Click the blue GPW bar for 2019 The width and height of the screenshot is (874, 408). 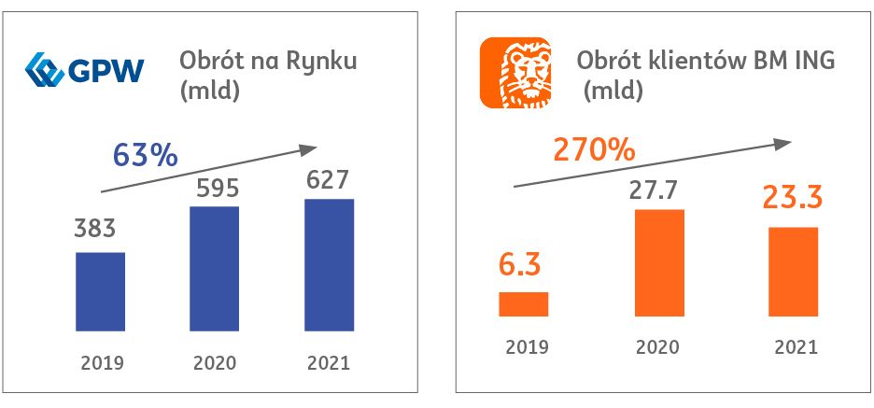coord(100,290)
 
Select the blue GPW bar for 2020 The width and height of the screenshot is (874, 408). coord(214,267)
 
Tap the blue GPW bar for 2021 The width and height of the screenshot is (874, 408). coord(329,263)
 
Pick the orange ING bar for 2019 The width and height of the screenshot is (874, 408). coord(523,304)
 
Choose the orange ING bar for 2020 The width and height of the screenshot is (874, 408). coord(658,262)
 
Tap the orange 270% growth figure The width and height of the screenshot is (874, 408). coord(594,148)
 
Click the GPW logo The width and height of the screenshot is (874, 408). coord(85,69)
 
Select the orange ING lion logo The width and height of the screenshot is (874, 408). coord(516,72)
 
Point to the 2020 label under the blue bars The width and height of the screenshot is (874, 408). coord(214,362)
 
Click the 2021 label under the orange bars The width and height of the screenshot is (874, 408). coord(795,346)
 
